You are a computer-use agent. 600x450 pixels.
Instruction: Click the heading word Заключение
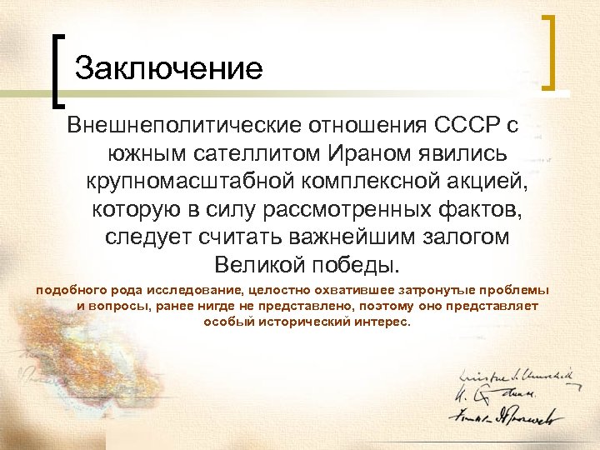pyautogui.click(x=169, y=67)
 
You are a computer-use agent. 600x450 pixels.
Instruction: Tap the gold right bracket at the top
pyautogui.click(x=549, y=52)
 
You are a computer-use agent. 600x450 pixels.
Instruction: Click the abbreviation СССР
pyautogui.click(x=465, y=126)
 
